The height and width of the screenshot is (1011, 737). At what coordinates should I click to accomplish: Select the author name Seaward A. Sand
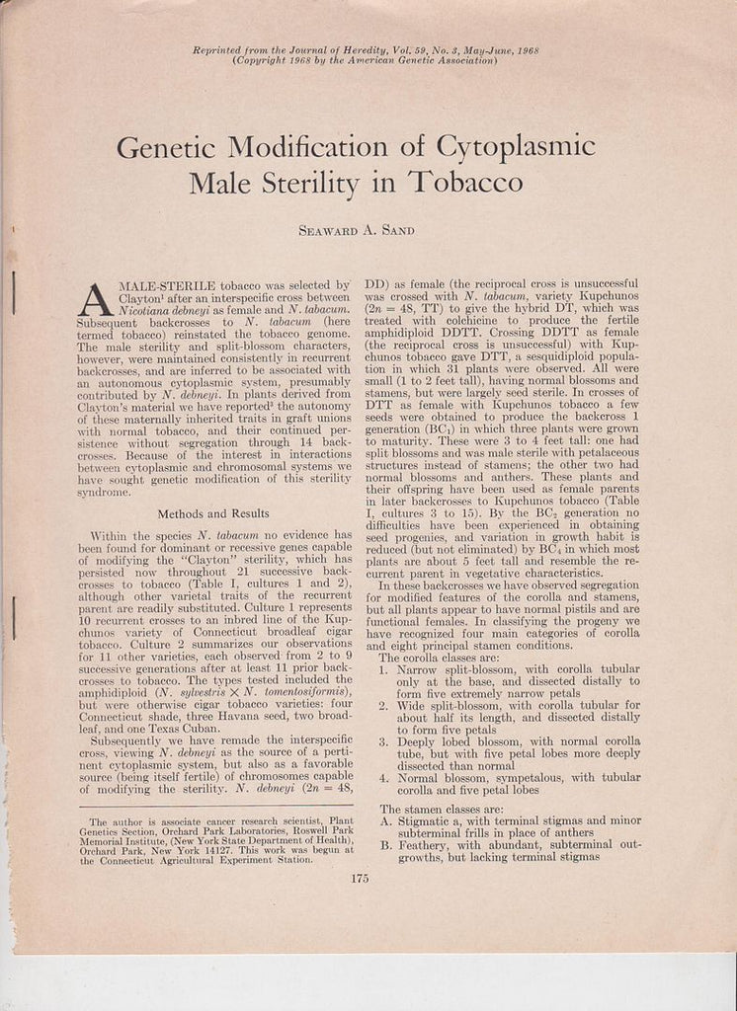tap(357, 230)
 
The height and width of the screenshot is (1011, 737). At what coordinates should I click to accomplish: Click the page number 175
tap(359, 879)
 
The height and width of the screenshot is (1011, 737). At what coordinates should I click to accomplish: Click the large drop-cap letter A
tap(95, 299)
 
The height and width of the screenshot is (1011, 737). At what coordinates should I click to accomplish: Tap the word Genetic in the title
tap(167, 148)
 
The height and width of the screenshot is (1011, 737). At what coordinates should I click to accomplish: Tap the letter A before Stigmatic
tap(384, 819)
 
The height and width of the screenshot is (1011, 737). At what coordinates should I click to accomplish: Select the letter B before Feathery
tap(384, 844)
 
